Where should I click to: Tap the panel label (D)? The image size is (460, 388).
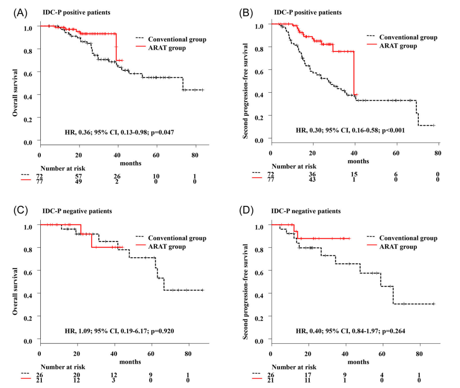(252, 211)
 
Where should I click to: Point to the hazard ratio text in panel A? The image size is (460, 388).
(118, 132)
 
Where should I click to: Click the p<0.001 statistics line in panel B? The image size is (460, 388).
(350, 131)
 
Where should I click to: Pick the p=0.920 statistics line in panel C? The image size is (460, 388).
(118, 331)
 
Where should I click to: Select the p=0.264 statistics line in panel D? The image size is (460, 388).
(350, 331)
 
